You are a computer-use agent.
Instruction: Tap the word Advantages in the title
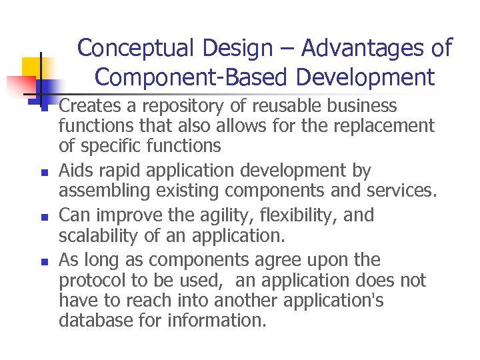click(x=360, y=49)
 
